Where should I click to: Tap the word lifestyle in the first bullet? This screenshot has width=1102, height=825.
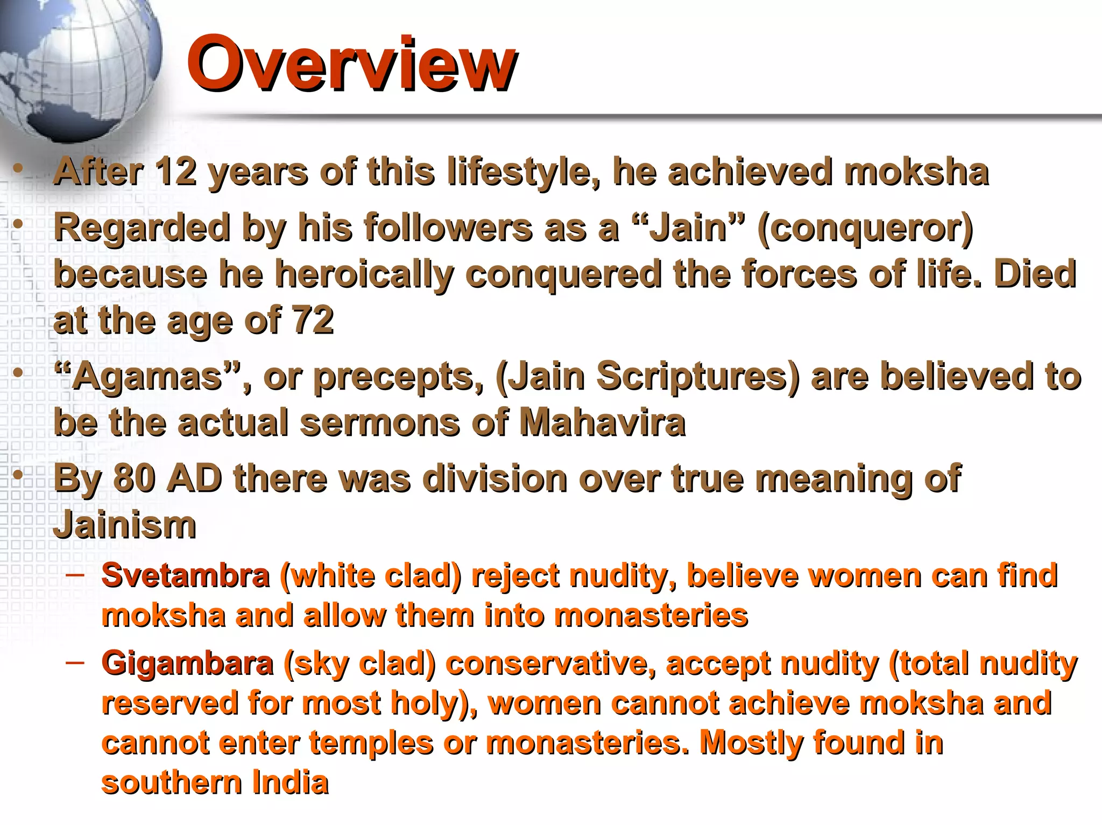[523, 172]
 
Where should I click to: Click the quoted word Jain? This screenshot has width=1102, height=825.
[689, 227]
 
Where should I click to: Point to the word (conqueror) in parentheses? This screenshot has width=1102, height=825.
[865, 227]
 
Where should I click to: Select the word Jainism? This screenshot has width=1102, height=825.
[125, 525]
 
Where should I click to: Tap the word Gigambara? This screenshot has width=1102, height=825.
[187, 663]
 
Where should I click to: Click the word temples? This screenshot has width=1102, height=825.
[371, 743]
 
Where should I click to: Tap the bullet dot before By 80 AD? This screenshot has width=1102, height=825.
[18, 475]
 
